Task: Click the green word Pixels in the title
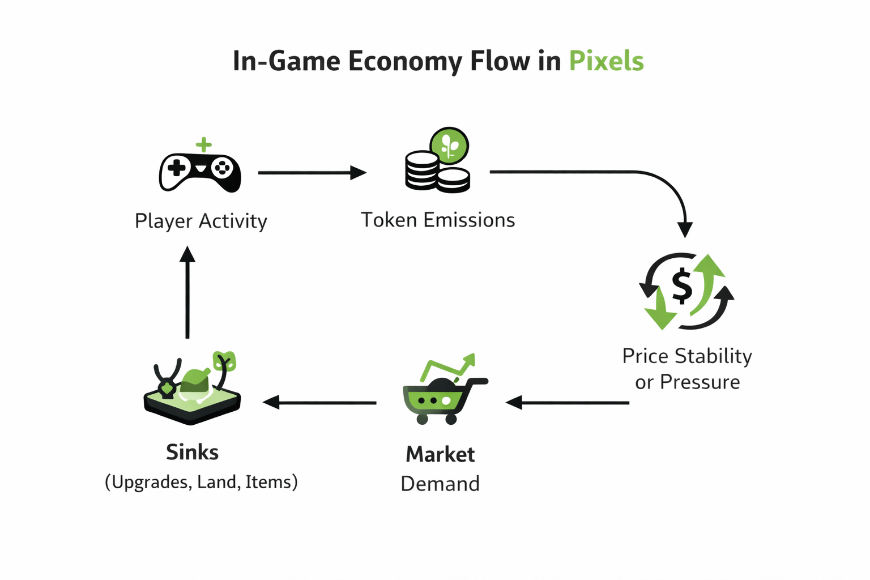coord(606,61)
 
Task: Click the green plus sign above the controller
coord(204,144)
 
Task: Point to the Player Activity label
coord(201,221)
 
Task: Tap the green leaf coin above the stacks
coord(449,146)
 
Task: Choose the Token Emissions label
coord(438,220)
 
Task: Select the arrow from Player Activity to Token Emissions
coord(312,172)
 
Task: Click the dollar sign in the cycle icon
coord(682,286)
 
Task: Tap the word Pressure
coord(700,382)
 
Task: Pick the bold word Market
coord(440,454)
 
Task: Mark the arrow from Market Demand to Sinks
coord(320,403)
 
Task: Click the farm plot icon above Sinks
coord(193,388)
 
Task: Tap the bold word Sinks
coord(193,452)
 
